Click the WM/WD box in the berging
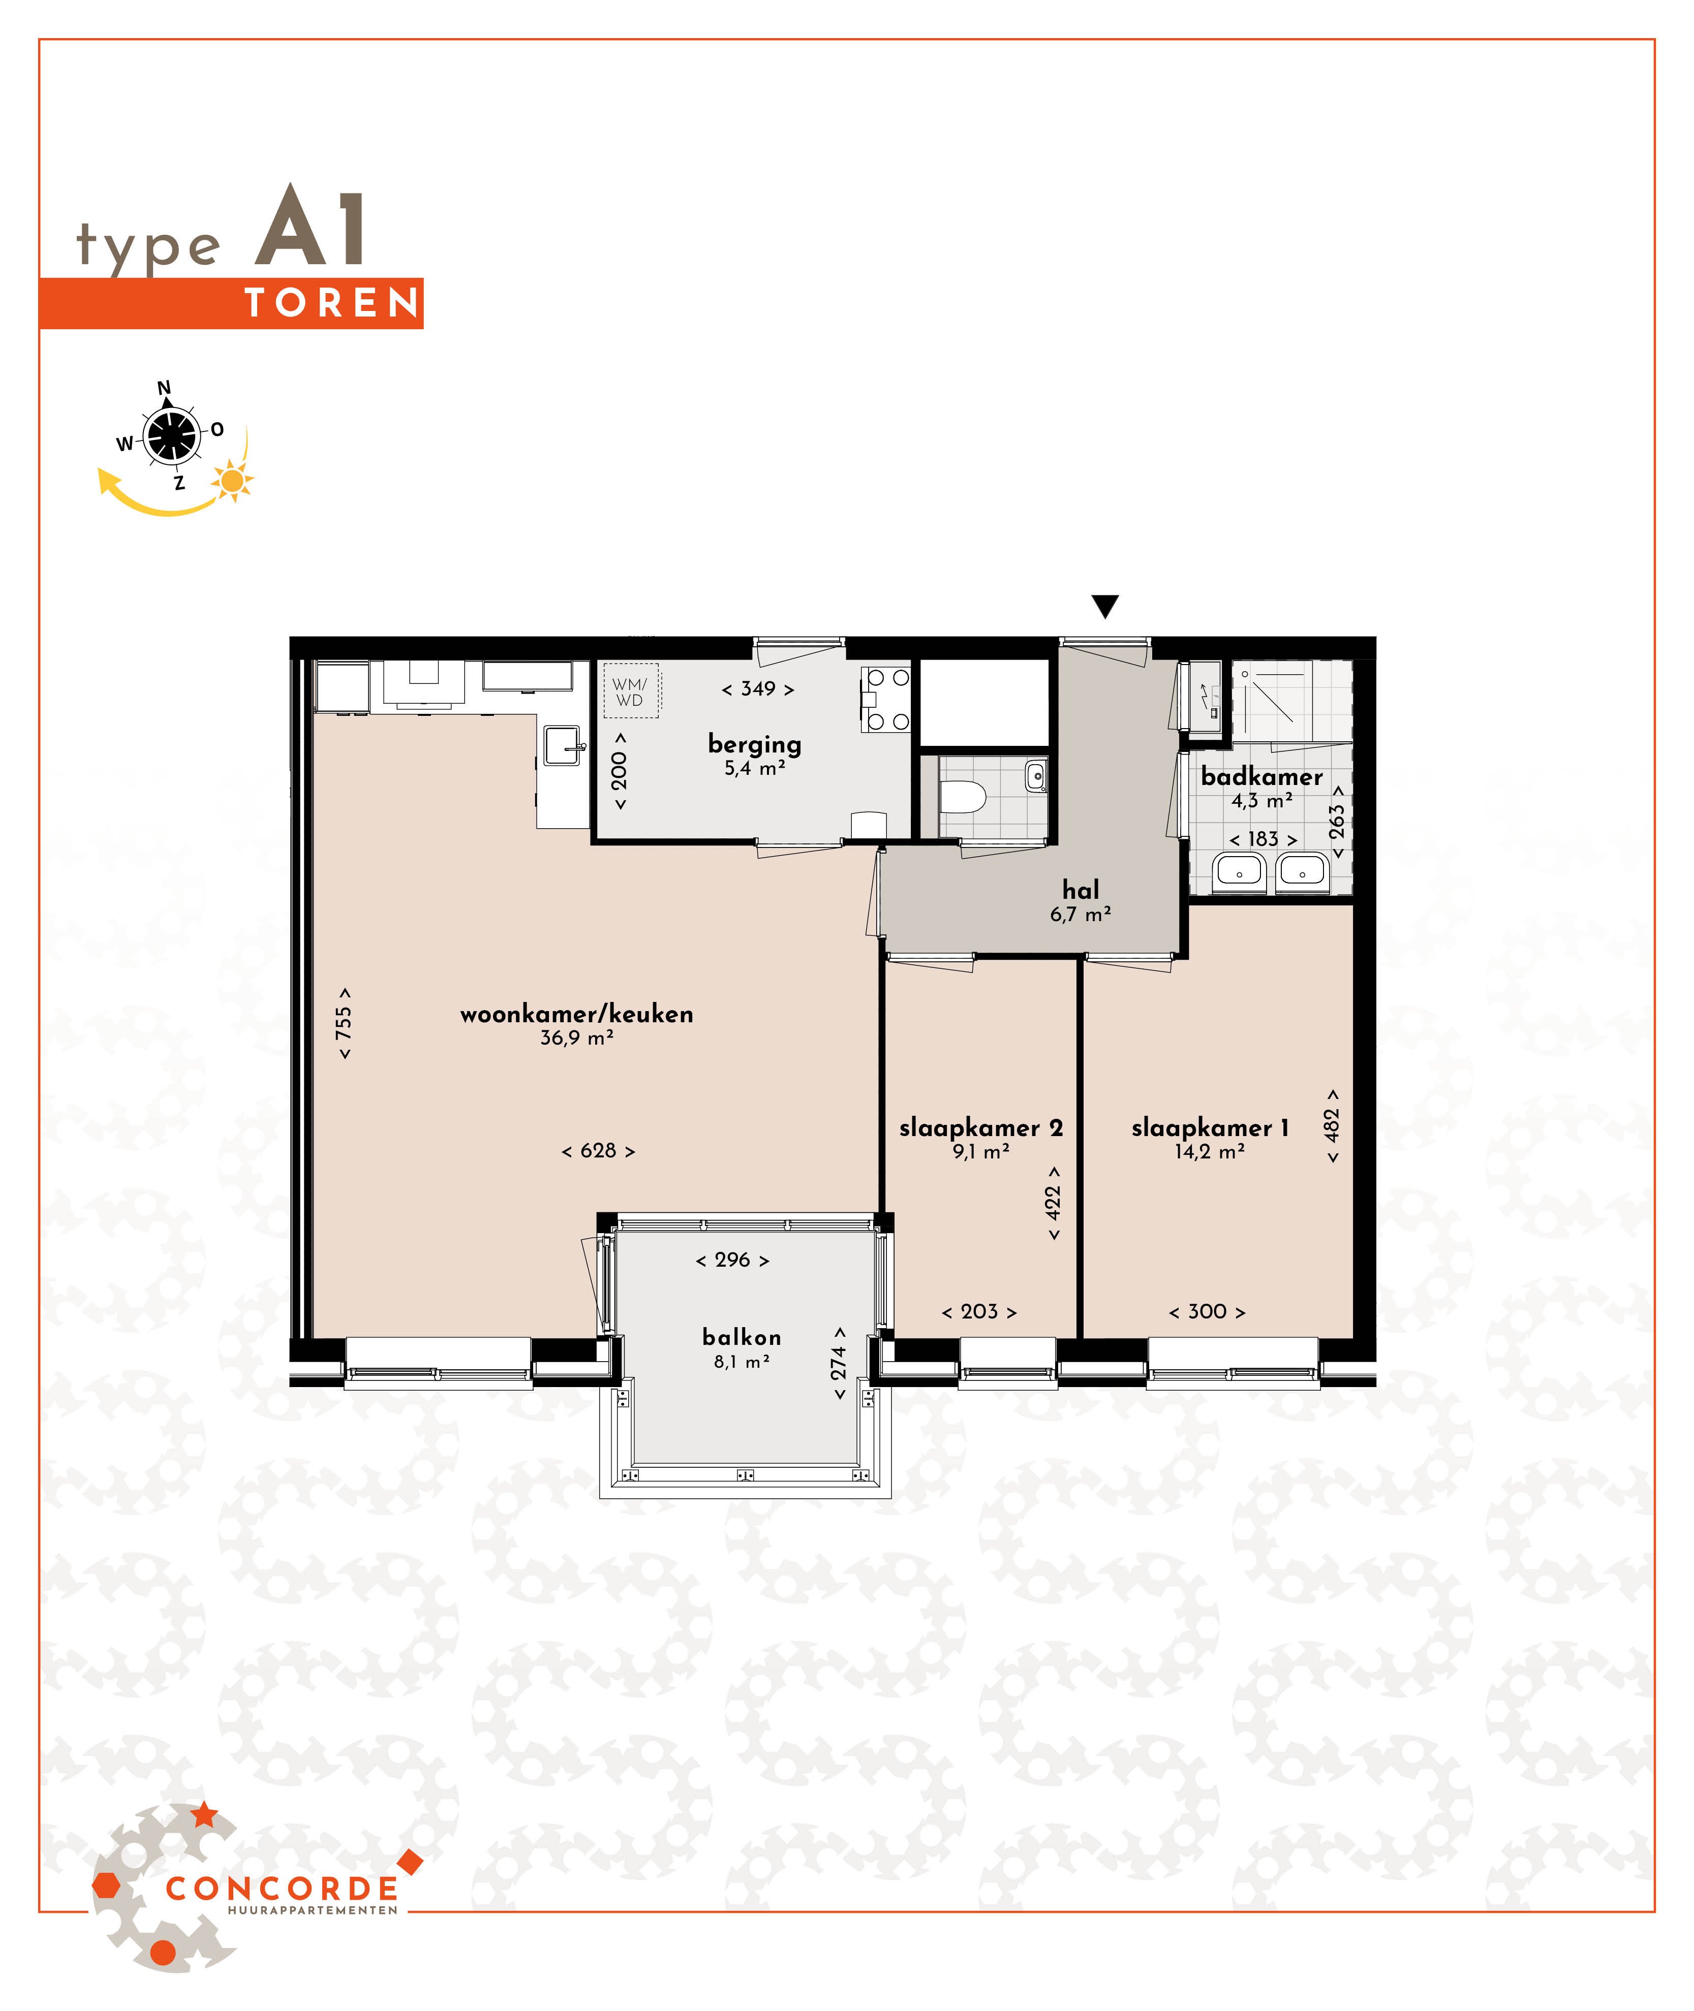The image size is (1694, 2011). pyautogui.click(x=630, y=691)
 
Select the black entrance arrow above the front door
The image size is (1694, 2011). pyautogui.click(x=1105, y=606)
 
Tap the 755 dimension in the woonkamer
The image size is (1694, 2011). pyautogui.click(x=344, y=1023)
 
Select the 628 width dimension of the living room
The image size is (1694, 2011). pyautogui.click(x=598, y=1150)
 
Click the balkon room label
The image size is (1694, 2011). pyautogui.click(x=742, y=1337)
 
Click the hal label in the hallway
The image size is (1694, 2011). pyautogui.click(x=1081, y=890)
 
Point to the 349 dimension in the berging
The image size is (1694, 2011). pyautogui.click(x=758, y=688)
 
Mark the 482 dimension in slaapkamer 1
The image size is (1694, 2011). pyautogui.click(x=1332, y=1126)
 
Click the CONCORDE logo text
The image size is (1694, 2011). pyautogui.click(x=282, y=1889)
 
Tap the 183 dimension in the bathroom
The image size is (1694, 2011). pyautogui.click(x=1263, y=839)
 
